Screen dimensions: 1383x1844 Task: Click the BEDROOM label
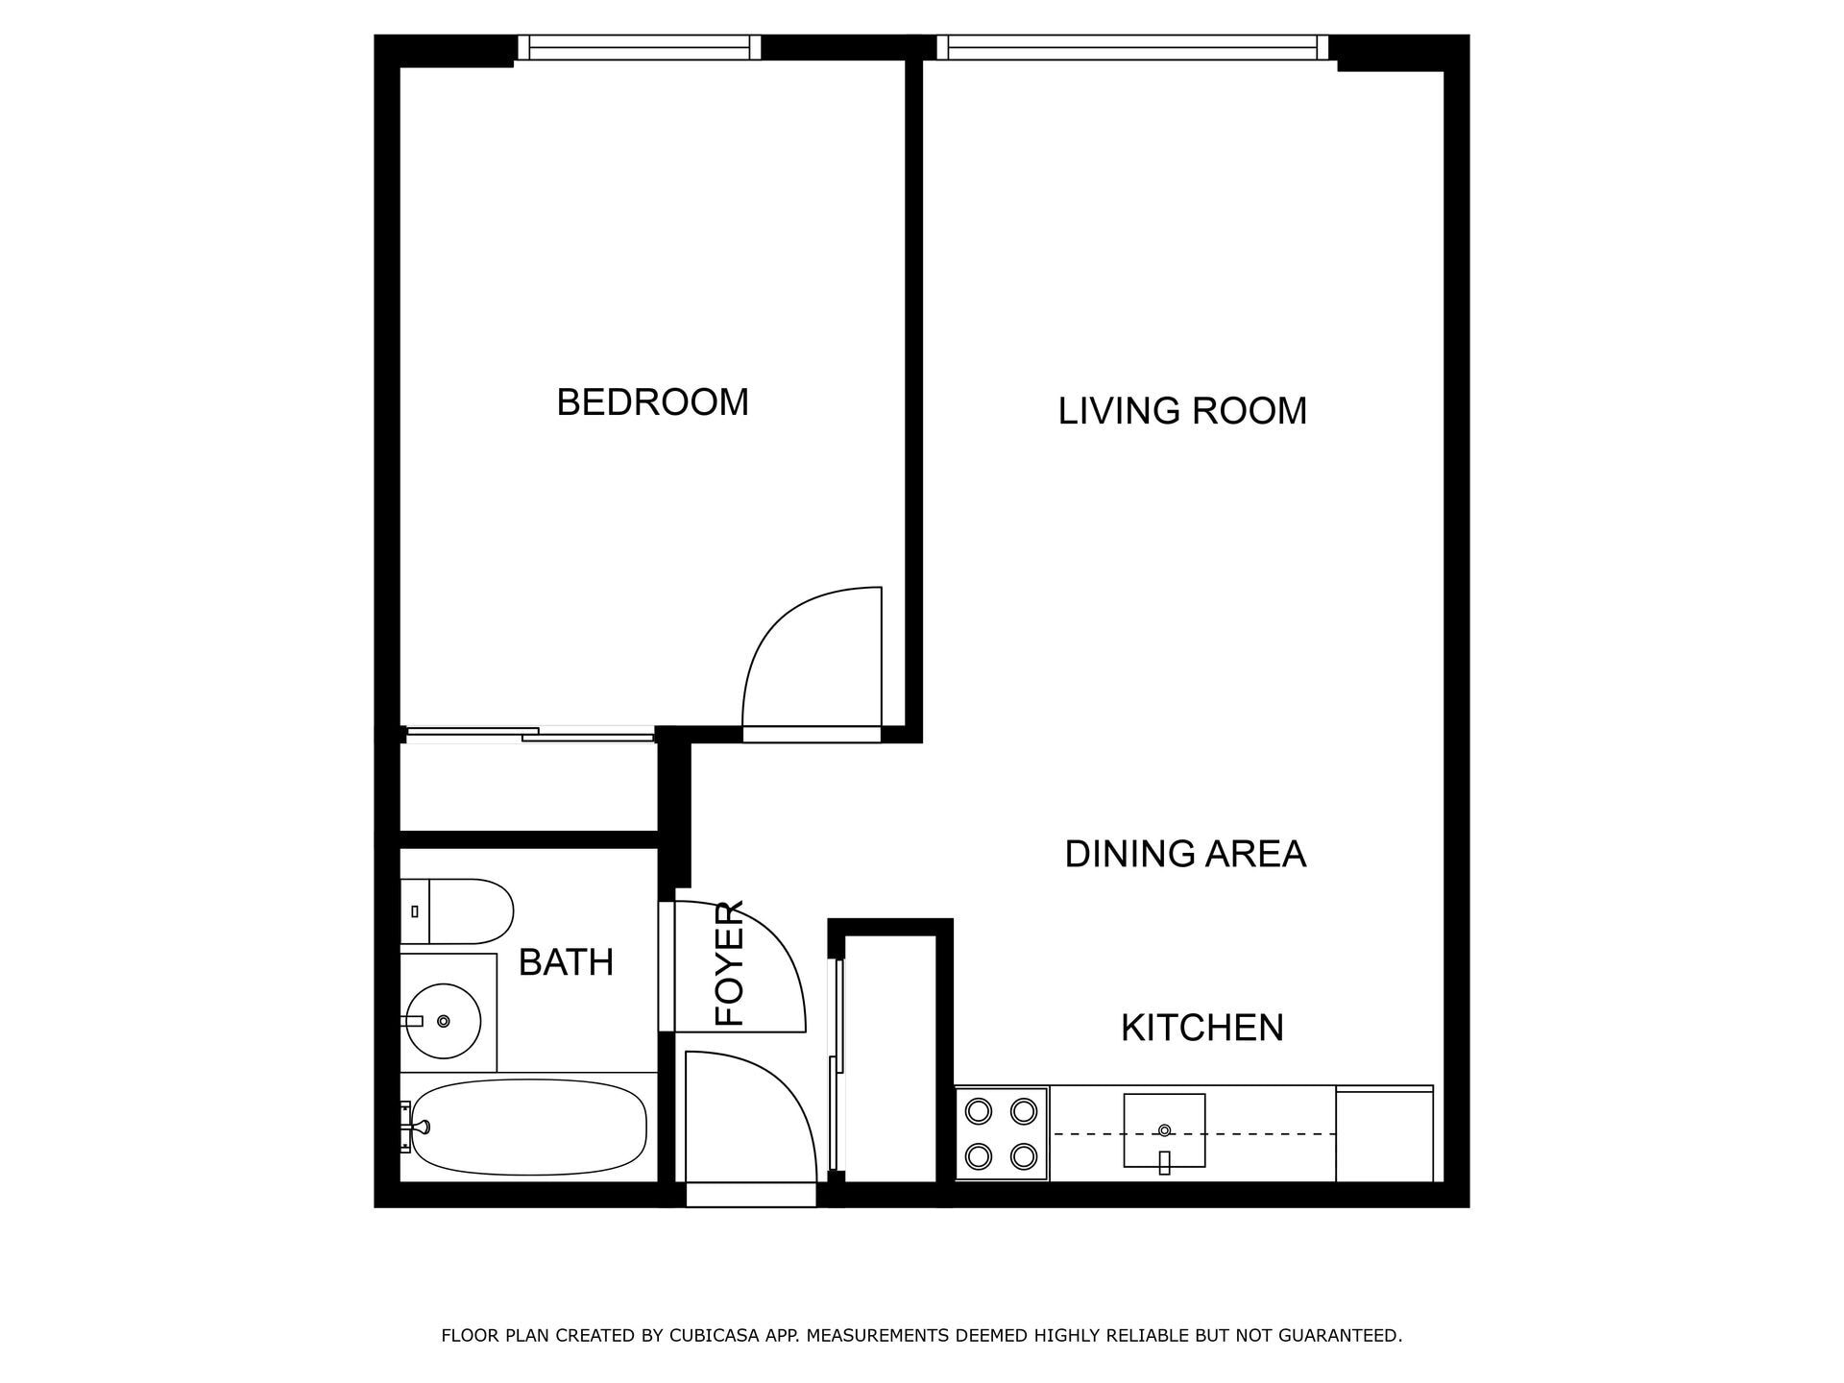click(652, 402)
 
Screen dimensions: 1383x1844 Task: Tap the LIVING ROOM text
click(1182, 411)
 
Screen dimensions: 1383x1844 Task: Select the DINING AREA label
click(1185, 854)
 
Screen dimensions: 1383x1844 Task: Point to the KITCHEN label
click(1201, 1028)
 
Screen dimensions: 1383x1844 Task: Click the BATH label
click(566, 962)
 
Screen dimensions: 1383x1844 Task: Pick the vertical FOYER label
click(730, 962)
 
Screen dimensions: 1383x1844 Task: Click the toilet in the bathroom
click(457, 910)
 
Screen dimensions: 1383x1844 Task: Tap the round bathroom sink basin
click(442, 1020)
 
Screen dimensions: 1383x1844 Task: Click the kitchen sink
click(1164, 1130)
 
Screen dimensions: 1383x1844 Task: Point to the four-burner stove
click(1002, 1134)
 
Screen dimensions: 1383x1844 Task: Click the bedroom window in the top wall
click(639, 47)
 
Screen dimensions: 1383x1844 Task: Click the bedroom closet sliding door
click(528, 735)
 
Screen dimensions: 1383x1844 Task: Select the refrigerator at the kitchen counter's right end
click(1384, 1134)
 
